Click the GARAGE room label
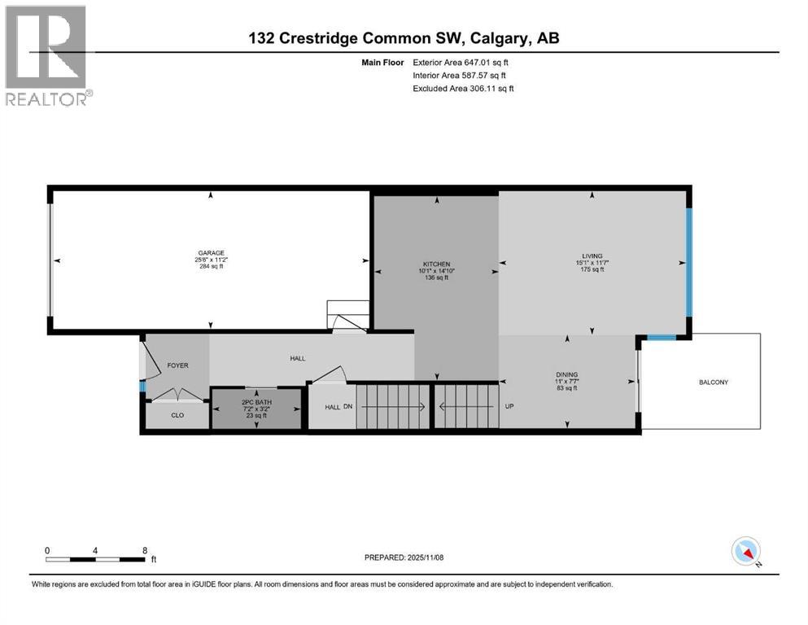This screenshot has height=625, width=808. click(209, 252)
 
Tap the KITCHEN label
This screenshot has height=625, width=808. click(436, 264)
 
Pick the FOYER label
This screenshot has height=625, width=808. click(177, 365)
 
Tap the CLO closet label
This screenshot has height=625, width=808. click(177, 415)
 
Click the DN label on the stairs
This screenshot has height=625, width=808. click(348, 407)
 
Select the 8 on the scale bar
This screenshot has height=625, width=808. click(145, 550)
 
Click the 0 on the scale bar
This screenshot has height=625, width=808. click(47, 550)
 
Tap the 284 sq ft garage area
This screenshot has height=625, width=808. click(209, 266)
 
